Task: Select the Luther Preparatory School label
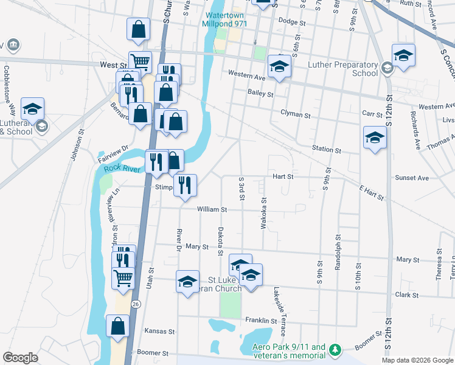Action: (343, 69)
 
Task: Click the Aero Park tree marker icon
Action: (334, 350)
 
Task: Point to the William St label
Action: (212, 209)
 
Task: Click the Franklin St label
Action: (261, 320)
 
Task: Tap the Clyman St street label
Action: (296, 114)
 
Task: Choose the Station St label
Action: (326, 149)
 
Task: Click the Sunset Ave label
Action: (412, 178)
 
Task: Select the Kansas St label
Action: (159, 332)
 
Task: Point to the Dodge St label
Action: (291, 22)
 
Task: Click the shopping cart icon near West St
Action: (140, 62)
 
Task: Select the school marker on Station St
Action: (375, 138)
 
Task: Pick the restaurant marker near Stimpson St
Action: (186, 185)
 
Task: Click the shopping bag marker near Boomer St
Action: (117, 326)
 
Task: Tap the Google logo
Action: (20, 358)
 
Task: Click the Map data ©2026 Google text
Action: (417, 360)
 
